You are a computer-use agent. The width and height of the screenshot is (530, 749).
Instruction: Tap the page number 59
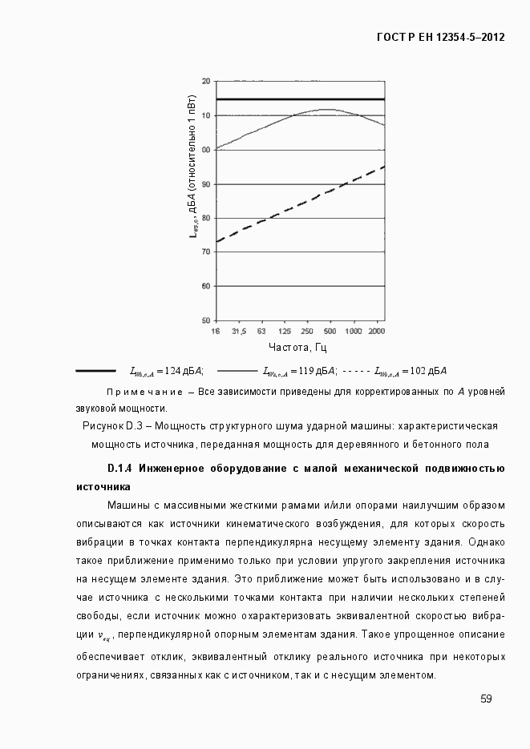click(x=486, y=699)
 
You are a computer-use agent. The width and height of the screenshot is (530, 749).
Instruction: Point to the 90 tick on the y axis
click(x=205, y=184)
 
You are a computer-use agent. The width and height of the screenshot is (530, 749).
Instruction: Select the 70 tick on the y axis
click(x=205, y=252)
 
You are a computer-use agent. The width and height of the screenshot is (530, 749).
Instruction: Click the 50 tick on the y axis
click(x=205, y=320)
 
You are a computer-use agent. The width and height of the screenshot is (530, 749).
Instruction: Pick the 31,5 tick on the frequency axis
click(x=239, y=331)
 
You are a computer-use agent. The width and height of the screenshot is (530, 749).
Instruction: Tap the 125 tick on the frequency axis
click(x=285, y=331)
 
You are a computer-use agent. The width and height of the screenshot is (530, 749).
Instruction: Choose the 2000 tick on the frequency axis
click(x=376, y=331)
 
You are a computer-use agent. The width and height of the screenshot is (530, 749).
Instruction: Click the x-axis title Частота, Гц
click(x=298, y=348)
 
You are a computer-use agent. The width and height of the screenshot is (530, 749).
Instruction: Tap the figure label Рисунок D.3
click(x=112, y=425)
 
